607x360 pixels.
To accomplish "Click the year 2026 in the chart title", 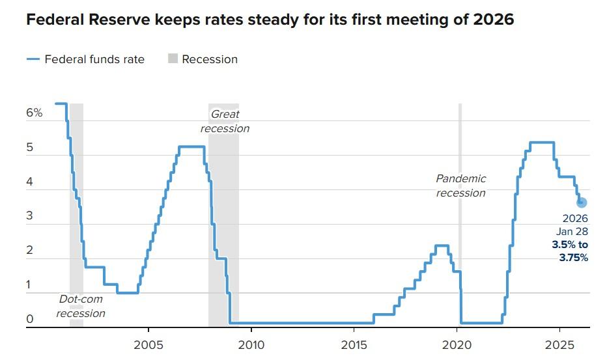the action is click(494, 20).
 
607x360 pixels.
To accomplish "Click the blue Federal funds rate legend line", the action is click(33, 59).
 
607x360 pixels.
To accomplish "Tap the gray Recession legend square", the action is click(173, 59).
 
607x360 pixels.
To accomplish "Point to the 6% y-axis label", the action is click(34, 113).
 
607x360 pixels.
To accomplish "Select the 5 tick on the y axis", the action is click(29, 148).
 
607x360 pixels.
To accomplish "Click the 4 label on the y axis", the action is click(29, 182).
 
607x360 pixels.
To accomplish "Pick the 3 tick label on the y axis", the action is click(29, 215).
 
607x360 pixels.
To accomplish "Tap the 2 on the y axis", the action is click(29, 250).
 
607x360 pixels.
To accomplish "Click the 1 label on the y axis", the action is click(28, 284).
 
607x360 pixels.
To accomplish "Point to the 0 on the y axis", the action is click(30, 319).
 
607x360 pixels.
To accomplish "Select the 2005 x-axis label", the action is click(148, 345).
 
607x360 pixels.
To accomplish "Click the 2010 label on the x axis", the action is click(251, 345).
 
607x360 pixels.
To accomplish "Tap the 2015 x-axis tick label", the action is click(354, 345).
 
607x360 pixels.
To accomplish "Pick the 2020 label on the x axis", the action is click(457, 345).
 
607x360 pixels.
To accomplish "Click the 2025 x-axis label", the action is click(559, 345).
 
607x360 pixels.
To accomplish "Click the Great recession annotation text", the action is click(225, 121).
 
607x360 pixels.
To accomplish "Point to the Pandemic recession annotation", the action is click(460, 186).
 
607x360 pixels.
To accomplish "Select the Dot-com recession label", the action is click(81, 306).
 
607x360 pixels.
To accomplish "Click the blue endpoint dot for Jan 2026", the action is click(582, 202).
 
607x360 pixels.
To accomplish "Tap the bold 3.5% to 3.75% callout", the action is click(570, 251).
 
